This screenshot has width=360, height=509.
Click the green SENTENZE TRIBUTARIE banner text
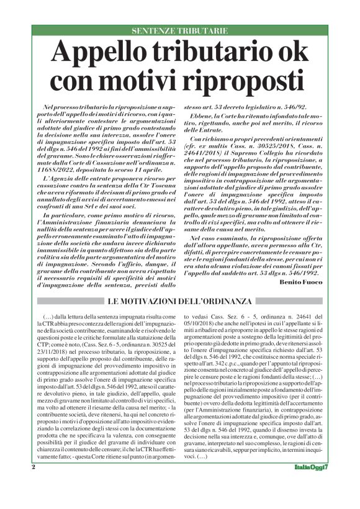tap(180, 30)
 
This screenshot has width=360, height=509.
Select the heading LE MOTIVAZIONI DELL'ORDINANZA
tap(180, 302)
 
